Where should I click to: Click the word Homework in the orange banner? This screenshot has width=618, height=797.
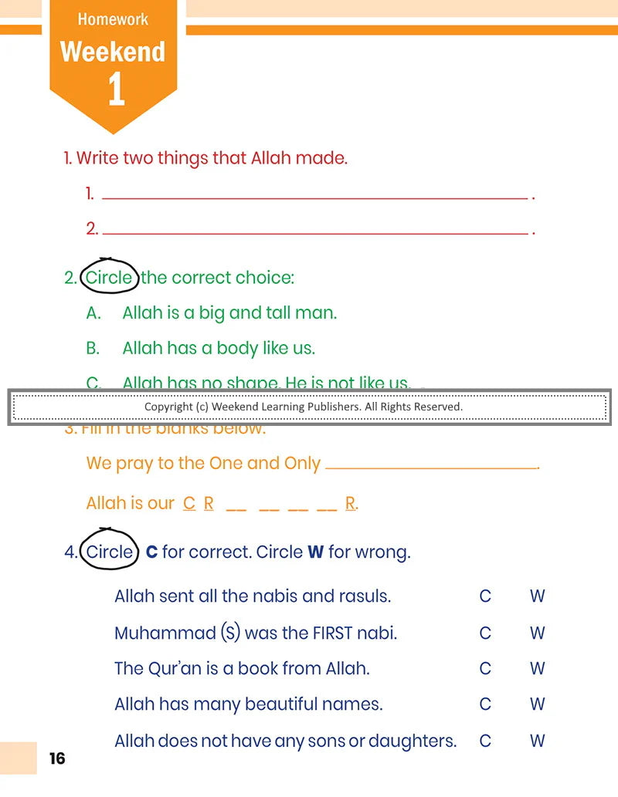[x=113, y=19]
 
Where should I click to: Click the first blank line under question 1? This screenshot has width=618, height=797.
[x=314, y=198]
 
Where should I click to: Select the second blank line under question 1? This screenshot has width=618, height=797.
[x=314, y=232]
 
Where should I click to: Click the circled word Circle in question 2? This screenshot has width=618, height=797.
[x=109, y=278]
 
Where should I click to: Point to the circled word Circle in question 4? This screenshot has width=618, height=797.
[x=109, y=552]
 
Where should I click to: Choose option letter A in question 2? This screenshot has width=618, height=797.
[x=93, y=313]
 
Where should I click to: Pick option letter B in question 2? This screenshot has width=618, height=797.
[x=93, y=349]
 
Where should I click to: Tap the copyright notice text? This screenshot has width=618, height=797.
[x=303, y=407]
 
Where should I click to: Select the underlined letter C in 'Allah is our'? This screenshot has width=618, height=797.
[x=189, y=504]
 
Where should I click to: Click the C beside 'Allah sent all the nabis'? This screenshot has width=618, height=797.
[x=485, y=596]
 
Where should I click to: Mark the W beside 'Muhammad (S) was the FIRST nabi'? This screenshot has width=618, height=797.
[x=538, y=633]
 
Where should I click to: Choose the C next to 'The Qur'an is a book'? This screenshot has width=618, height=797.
[x=485, y=669]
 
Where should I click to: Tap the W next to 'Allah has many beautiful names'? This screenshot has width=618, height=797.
[x=538, y=704]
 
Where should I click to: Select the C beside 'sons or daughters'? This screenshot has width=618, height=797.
[x=485, y=741]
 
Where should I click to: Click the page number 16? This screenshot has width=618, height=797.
[x=57, y=759]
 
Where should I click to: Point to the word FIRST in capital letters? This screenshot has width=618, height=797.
[x=334, y=633]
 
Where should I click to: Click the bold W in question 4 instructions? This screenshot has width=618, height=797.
[x=315, y=552]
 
